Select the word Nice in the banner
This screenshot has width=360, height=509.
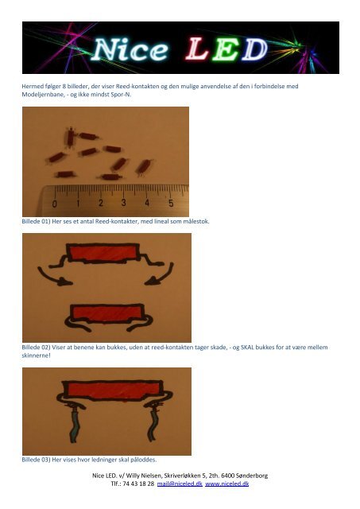click(x=130, y=49)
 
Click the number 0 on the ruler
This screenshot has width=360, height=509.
click(x=55, y=204)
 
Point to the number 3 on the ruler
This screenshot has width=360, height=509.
click(x=123, y=203)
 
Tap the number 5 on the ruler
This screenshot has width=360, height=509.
click(x=171, y=203)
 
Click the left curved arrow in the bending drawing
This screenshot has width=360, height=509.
click(x=54, y=276)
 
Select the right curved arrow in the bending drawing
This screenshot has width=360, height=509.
click(x=161, y=274)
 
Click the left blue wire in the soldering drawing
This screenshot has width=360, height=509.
click(x=74, y=425)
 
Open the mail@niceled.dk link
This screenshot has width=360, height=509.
click(x=180, y=484)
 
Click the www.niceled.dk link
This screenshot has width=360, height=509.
click(x=227, y=484)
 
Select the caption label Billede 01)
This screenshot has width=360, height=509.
click(x=36, y=221)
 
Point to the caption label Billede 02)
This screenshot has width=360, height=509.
click(x=36, y=348)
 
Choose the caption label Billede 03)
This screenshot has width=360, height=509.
click(x=36, y=460)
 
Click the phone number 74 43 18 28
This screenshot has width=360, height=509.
click(x=138, y=484)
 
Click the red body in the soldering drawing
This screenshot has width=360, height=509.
click(x=114, y=390)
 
